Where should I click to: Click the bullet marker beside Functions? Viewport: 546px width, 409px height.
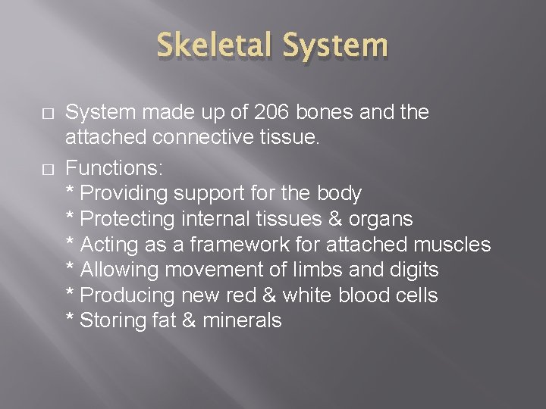[x=27, y=168]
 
